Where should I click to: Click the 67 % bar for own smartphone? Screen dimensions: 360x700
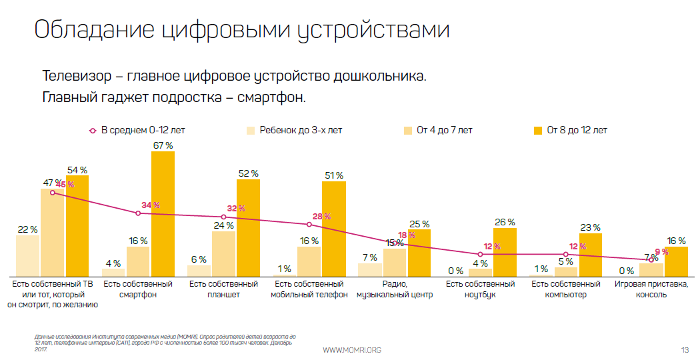[x=163, y=213]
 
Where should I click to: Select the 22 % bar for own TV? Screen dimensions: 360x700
[x=27, y=256]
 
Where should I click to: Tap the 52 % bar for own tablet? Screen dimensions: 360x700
[x=248, y=227]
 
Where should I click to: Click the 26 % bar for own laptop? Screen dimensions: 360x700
[x=505, y=252]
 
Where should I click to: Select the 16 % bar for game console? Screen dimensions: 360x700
[x=676, y=261]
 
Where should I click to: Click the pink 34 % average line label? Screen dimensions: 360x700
[x=151, y=205]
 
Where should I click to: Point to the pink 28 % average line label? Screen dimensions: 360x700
[x=321, y=217]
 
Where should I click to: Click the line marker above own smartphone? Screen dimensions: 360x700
[x=138, y=213]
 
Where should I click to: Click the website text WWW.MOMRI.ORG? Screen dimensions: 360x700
[x=351, y=350]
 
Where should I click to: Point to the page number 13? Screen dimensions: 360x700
[x=685, y=350]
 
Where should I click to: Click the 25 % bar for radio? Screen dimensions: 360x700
[x=419, y=253]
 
